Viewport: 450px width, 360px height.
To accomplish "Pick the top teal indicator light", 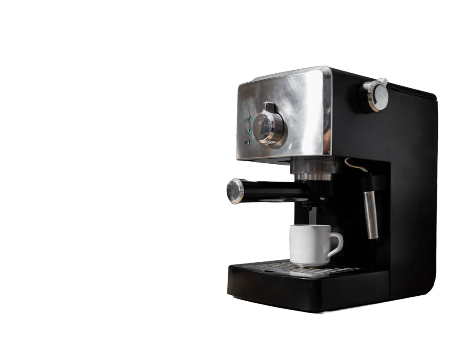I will click(247, 120).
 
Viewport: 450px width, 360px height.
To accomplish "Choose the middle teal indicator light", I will click(247, 131).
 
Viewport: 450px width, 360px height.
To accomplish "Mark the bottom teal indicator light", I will click(248, 142).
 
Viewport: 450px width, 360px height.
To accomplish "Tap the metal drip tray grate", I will click(324, 268).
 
